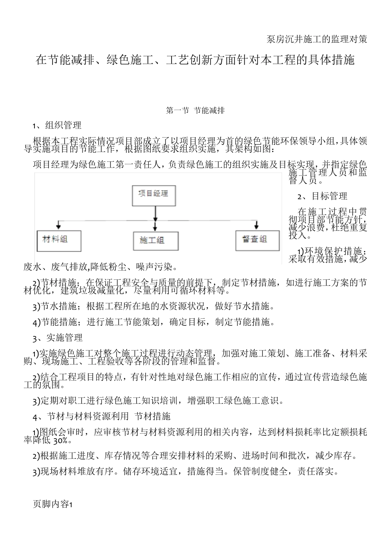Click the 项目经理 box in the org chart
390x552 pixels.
coord(154,195)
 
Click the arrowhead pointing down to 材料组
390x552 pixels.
coord(60,225)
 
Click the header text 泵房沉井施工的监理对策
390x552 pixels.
coord(317,39)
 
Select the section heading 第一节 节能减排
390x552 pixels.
coord(195,110)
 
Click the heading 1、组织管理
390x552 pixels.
coord(57,126)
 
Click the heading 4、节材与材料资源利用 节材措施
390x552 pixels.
coord(101,416)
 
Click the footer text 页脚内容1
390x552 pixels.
coord(52,505)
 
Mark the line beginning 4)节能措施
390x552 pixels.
coord(154,322)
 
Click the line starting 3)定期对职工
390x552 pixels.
coord(158,401)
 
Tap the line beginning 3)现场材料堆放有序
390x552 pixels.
coord(186,472)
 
